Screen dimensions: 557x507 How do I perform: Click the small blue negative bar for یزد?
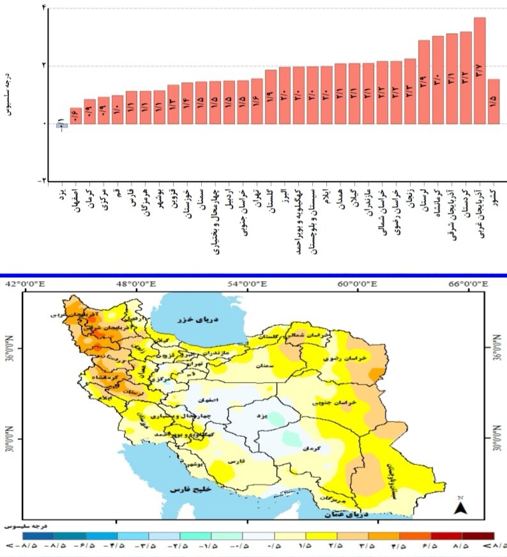point(62,125)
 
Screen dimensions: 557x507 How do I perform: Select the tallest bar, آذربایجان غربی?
point(480,70)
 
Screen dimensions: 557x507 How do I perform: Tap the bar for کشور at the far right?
point(494,101)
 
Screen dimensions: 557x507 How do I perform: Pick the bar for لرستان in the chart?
point(423,82)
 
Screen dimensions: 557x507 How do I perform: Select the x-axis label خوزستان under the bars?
point(186,204)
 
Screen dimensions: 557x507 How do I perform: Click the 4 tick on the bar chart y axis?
point(43,8)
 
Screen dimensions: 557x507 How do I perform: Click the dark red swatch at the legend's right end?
point(478,535)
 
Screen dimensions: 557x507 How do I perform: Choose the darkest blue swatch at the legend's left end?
point(39,535)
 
